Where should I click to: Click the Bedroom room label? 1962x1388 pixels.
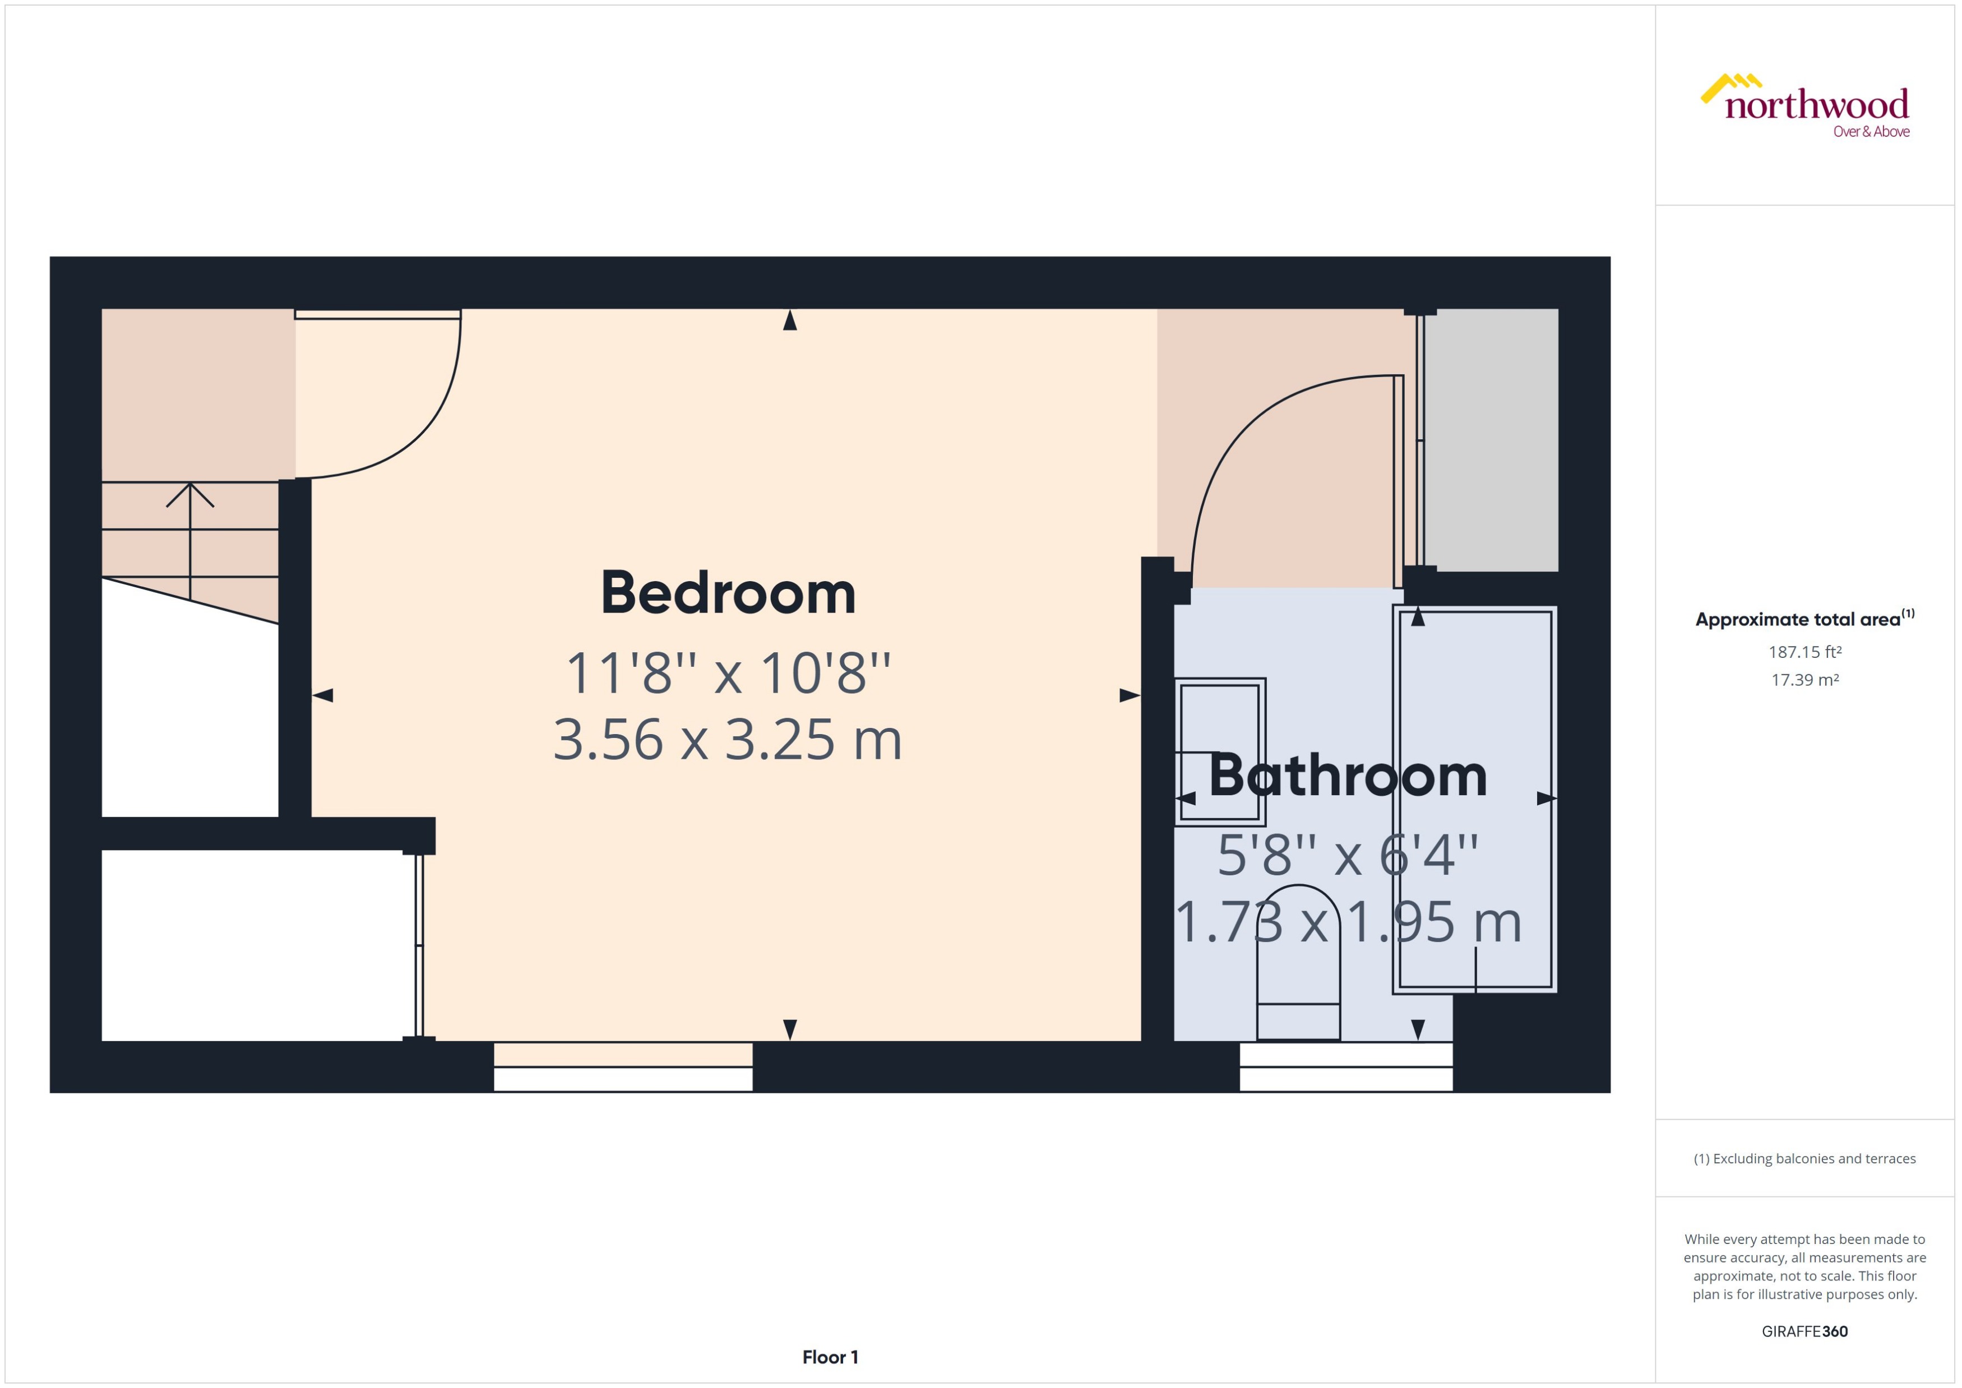728,593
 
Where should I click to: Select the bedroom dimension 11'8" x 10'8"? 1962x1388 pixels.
728,674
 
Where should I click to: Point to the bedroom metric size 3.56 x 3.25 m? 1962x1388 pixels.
728,739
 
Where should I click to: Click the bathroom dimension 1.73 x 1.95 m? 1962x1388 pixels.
1348,923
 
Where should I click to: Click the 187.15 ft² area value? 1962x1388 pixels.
1804,652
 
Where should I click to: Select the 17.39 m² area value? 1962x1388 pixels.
1804,680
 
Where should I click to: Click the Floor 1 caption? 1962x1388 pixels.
829,1357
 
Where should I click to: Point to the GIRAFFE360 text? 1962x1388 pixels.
1804,1331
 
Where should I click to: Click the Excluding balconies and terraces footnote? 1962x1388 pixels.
1804,1159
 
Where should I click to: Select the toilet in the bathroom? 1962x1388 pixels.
1297,966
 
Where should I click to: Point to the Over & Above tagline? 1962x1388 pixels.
1871,132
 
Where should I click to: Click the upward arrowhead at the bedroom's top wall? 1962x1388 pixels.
790,321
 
